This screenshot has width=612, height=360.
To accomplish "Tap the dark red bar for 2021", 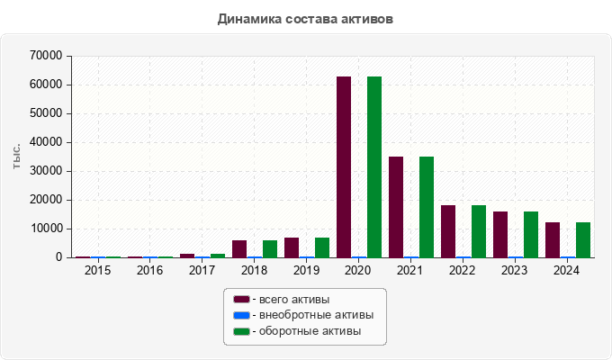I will click(x=396, y=207).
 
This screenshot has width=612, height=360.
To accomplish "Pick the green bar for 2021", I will click(x=427, y=207).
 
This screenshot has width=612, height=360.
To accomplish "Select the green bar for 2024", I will click(x=583, y=239).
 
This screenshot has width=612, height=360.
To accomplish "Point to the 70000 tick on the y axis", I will click(x=46, y=56).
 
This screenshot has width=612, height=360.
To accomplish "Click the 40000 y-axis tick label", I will click(x=46, y=142).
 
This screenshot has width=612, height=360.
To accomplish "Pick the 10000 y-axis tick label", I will click(x=46, y=229).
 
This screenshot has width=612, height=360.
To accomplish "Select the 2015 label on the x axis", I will click(x=97, y=270).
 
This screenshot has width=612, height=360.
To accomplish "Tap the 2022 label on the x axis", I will click(x=463, y=270).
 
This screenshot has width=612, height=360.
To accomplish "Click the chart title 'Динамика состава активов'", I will click(x=306, y=18).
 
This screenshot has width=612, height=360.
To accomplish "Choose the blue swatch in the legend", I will click(x=241, y=315).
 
